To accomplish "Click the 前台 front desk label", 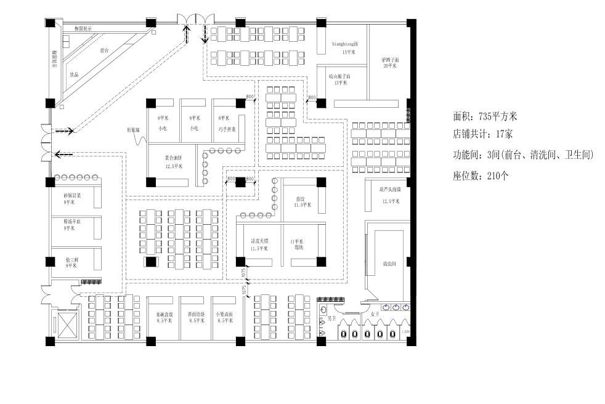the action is coord(105,50).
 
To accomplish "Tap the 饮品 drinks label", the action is coord(74,75).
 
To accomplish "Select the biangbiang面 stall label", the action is coord(341,45).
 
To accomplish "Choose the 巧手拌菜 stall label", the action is coord(226,129).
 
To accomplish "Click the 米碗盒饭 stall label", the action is coord(164,317).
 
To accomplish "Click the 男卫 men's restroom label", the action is coord(331,318).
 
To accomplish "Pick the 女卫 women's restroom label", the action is coord(374,314).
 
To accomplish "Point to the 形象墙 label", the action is coord(134,130).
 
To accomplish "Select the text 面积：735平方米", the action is coord(485,116).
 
